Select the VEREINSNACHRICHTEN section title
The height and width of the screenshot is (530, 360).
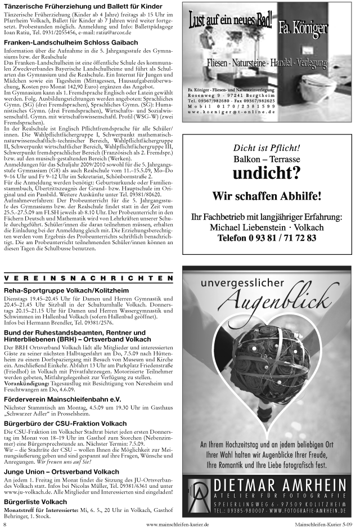[88, 278]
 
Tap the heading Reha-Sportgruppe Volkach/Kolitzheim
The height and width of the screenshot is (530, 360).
[66, 290]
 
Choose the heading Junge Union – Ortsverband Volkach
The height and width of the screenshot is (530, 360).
[61, 471]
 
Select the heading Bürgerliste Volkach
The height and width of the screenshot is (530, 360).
[35, 502]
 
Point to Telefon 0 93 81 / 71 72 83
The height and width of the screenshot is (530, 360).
[267, 237]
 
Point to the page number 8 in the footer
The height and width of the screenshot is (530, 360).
[5, 524]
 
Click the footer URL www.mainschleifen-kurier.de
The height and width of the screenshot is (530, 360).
[177, 524]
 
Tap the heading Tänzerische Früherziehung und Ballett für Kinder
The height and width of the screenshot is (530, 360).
[83, 6]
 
